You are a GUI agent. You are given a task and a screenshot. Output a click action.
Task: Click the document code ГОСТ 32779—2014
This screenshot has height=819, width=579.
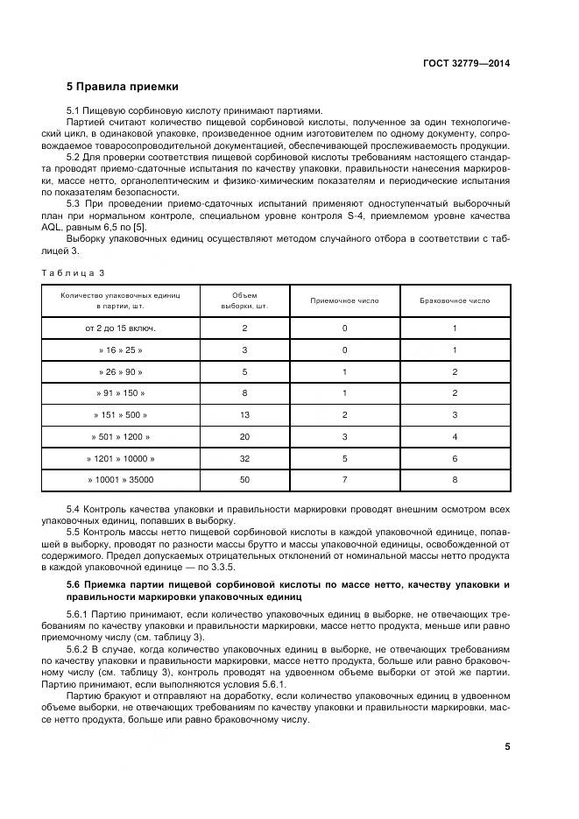[x=470, y=63]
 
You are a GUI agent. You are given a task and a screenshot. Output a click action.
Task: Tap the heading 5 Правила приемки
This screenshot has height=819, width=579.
[x=123, y=87]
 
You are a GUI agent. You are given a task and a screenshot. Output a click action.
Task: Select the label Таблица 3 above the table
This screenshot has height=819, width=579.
[x=73, y=272]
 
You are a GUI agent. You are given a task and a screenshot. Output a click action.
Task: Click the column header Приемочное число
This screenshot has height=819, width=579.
[x=344, y=300]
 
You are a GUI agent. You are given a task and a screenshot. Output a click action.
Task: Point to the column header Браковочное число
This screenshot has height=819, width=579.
[x=455, y=300]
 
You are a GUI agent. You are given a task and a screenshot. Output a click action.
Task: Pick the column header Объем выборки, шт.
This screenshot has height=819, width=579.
[x=244, y=300]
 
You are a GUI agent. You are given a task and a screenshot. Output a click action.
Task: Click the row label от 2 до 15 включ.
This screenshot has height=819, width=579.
[x=121, y=328]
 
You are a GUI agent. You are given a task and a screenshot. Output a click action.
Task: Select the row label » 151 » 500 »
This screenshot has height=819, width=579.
[x=121, y=414]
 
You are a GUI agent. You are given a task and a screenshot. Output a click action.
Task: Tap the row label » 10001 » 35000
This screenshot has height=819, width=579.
[x=121, y=480]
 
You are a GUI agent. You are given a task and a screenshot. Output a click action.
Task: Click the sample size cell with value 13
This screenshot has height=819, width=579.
[x=244, y=414]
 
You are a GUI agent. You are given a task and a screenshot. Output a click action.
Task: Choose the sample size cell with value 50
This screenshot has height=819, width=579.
[x=244, y=480]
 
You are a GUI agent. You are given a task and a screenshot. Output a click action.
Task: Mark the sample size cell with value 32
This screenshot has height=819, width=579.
[x=244, y=458]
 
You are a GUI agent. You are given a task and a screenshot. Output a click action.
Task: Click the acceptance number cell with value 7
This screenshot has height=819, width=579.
[x=344, y=480]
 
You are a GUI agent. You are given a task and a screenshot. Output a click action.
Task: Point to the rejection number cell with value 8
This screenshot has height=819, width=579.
[x=455, y=480]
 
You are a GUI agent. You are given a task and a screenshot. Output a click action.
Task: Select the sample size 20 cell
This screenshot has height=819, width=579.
[x=244, y=436]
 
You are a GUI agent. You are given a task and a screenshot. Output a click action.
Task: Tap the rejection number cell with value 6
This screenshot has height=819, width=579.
[x=455, y=458]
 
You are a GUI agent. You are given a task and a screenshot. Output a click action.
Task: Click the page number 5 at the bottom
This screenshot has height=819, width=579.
[x=507, y=746]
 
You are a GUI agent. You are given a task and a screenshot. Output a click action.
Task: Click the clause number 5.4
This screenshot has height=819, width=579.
[x=74, y=509]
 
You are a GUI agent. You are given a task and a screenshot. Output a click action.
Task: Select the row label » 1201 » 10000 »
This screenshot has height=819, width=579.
[x=121, y=458]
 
